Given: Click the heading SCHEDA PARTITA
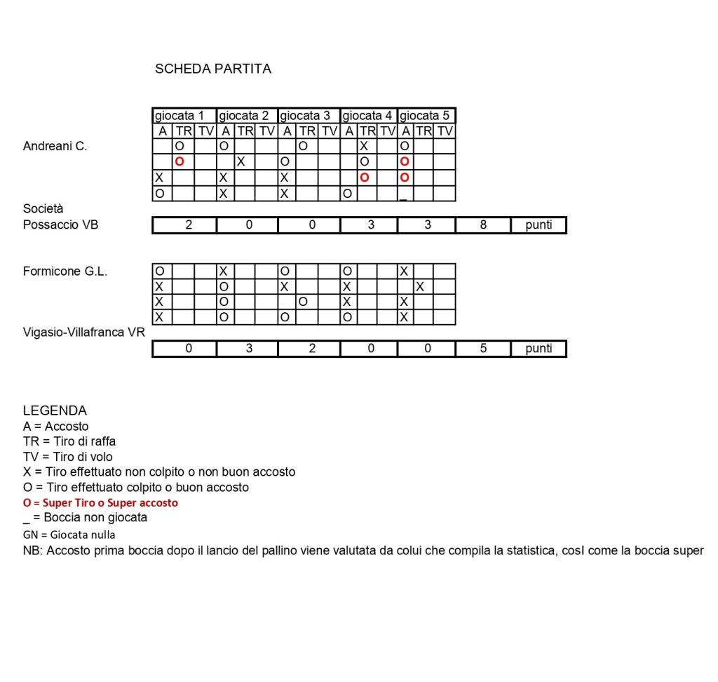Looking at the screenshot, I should click(x=212, y=69).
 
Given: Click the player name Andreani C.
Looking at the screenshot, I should click(x=55, y=147).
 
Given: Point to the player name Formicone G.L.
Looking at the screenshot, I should click(x=65, y=272).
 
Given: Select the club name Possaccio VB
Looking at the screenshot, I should click(x=61, y=225).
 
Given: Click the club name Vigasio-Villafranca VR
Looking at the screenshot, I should click(x=83, y=332).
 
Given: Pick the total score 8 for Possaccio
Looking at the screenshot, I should click(x=484, y=225).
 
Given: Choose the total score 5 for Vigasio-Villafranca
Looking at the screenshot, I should click(x=484, y=349).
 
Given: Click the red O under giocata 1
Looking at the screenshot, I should click(x=179, y=161).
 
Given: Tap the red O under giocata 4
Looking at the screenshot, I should click(x=364, y=178).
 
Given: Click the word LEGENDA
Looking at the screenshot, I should click(x=55, y=410).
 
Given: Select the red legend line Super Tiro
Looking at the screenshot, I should click(x=100, y=502).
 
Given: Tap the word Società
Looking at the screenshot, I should click(x=43, y=209).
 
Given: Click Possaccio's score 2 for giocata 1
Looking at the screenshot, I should click(x=189, y=225).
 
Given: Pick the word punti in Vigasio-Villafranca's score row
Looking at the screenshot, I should click(x=538, y=349).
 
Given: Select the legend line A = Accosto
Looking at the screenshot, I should click(x=55, y=426).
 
